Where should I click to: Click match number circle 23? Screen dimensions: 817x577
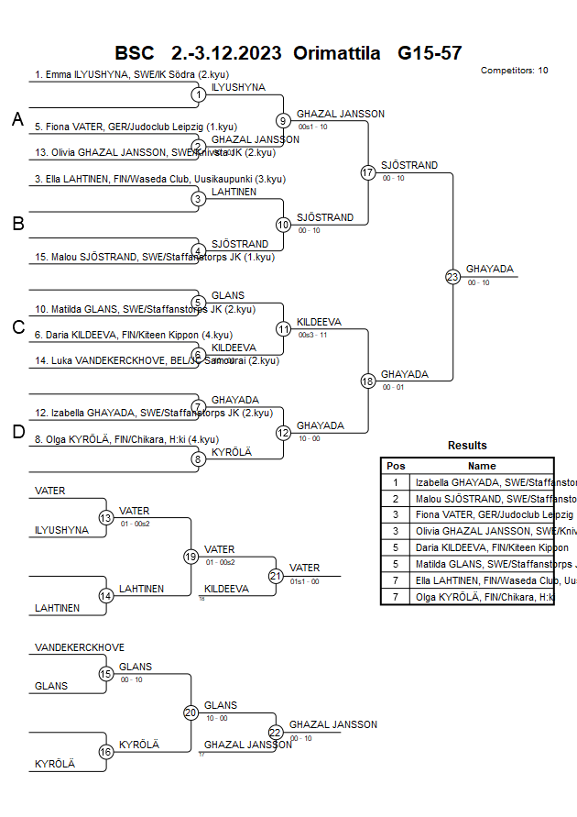[x=452, y=276]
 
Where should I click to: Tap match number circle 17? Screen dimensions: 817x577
[x=368, y=172]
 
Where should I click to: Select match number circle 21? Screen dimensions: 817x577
[x=276, y=576]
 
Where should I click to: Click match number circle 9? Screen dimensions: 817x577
[x=283, y=120]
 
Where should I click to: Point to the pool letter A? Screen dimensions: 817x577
[x=17, y=119]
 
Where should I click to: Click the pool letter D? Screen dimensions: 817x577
[x=17, y=433]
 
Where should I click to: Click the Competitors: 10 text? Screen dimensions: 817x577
[x=514, y=70]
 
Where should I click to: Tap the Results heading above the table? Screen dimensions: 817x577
[x=467, y=446]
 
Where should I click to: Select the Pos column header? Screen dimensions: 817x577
[x=396, y=466]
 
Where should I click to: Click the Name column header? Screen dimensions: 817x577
[x=482, y=466]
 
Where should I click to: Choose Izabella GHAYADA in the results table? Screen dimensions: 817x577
[x=484, y=481]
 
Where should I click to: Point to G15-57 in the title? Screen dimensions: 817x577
[x=430, y=53]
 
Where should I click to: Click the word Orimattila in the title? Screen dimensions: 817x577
[x=336, y=53]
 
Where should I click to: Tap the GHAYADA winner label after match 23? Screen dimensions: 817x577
[x=490, y=270]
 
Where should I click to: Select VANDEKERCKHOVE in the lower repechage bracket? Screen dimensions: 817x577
[x=80, y=647]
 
